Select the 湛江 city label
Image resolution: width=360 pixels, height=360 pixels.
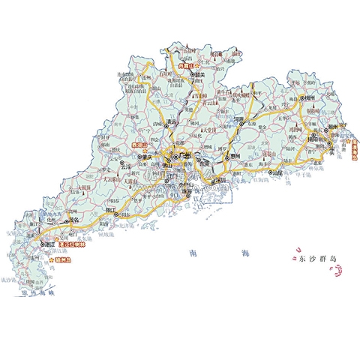(52, 244)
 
